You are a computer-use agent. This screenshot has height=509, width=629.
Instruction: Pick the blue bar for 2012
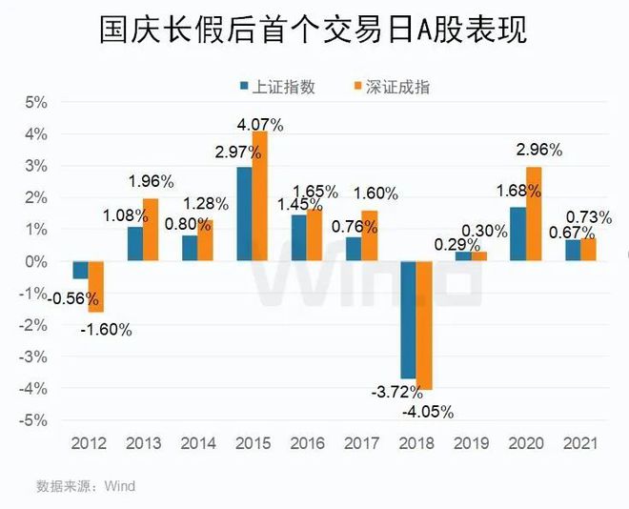80,270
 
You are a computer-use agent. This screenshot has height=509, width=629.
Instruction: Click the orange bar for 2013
150,230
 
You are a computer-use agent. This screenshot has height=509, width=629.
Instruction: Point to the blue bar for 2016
298,237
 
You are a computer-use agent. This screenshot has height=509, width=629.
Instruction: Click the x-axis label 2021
579,444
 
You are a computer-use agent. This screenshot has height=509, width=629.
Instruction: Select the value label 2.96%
538,150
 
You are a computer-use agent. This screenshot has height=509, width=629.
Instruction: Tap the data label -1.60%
105,331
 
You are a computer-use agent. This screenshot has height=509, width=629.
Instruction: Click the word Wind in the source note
120,486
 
